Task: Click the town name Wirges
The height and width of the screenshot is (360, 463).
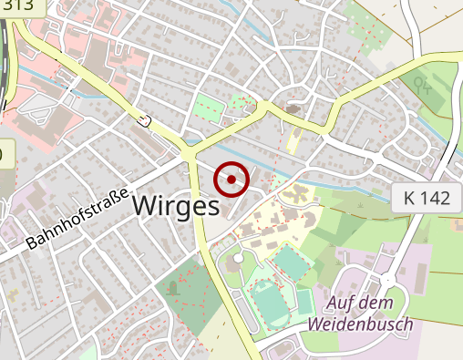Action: point(176,206)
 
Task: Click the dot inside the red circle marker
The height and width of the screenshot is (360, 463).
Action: point(231,180)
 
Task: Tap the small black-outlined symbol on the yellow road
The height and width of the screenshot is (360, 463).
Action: point(143,118)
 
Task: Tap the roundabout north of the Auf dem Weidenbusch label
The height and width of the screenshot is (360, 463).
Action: point(387,279)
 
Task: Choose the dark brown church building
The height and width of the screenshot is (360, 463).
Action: point(293,109)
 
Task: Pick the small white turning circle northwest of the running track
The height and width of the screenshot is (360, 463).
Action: point(238,259)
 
